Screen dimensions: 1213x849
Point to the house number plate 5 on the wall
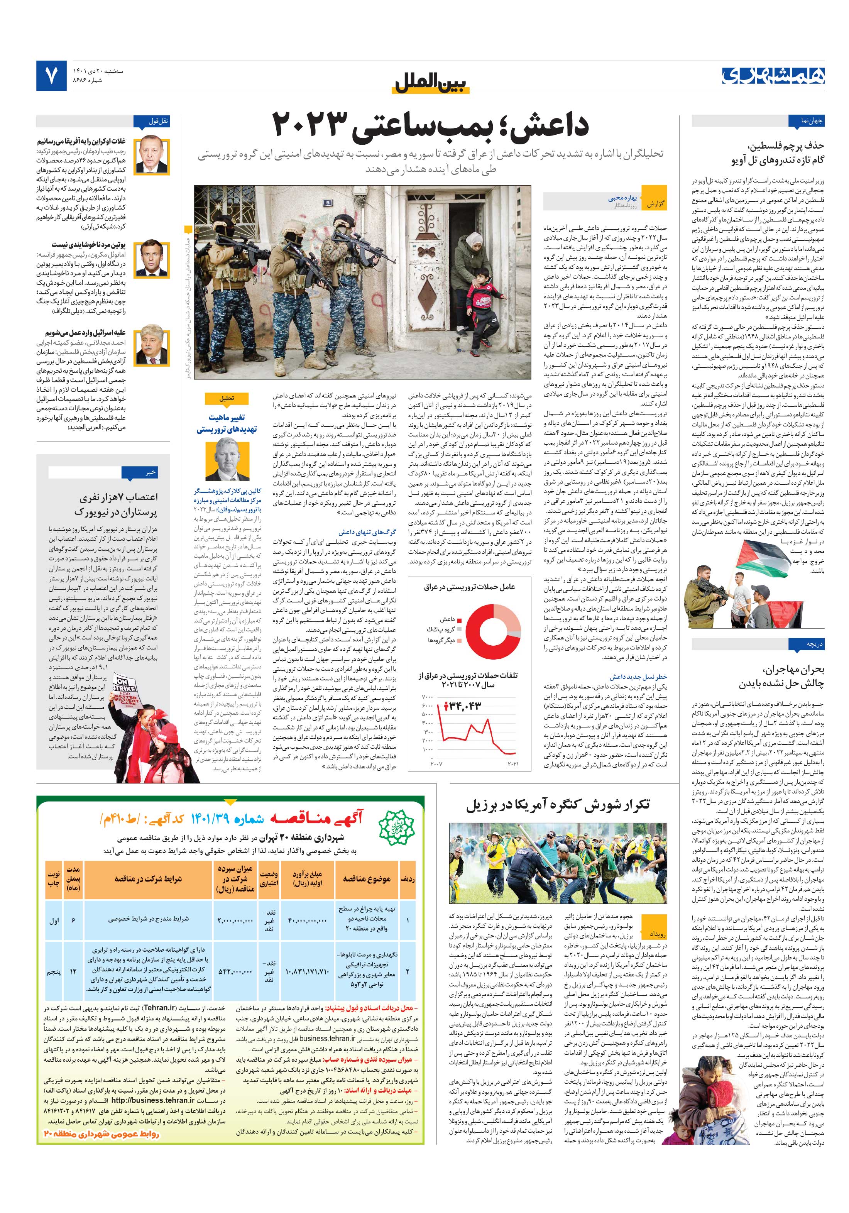pos(328,202)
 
